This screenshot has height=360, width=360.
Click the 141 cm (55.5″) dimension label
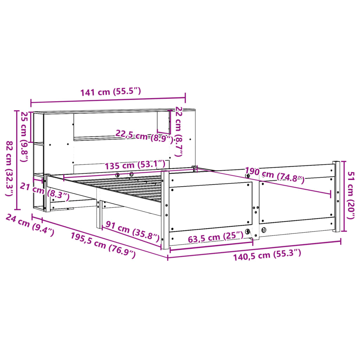point(111,92)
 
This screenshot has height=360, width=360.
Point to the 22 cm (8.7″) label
point(179,131)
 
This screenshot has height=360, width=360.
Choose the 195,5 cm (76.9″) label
point(103,245)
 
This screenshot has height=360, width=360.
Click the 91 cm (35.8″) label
point(133,231)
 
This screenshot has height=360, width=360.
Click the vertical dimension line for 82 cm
point(17,160)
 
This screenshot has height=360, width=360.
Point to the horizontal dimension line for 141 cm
point(108,101)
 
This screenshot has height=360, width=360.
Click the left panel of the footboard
point(211,207)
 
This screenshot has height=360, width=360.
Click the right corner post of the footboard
point(336,197)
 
